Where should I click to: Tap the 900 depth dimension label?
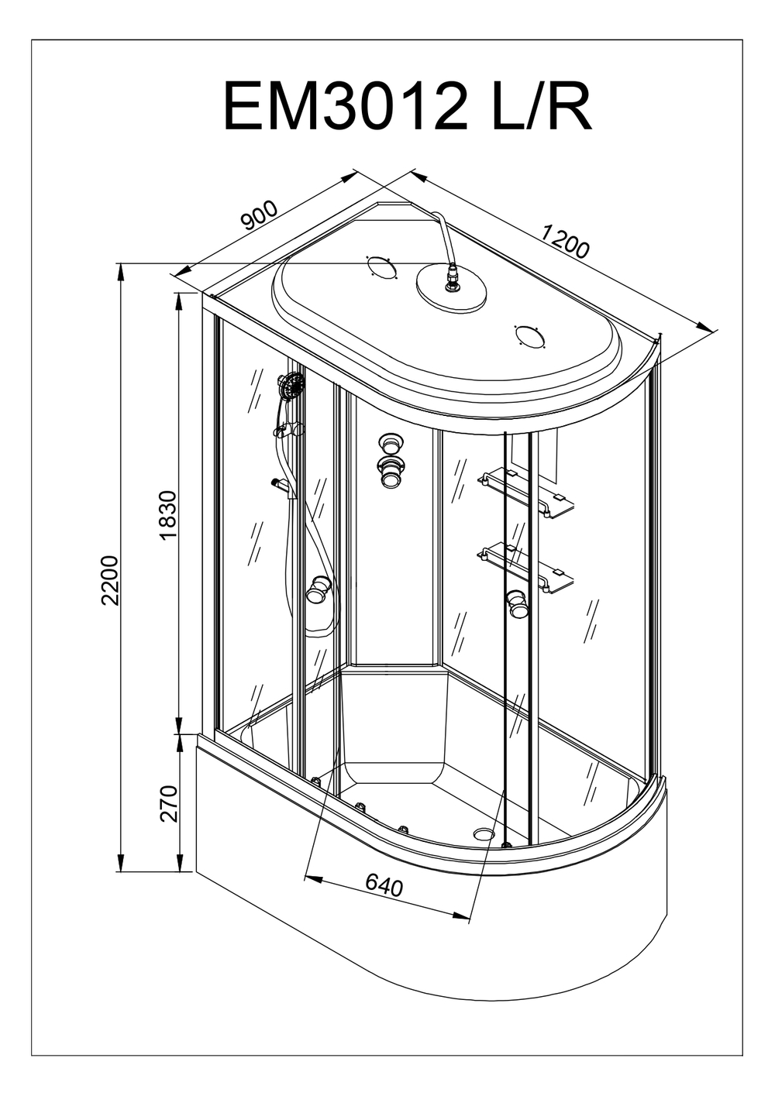pos(260,216)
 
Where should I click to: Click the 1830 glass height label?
pos(168,515)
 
